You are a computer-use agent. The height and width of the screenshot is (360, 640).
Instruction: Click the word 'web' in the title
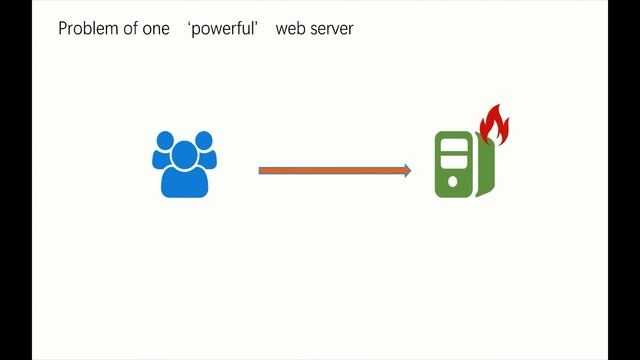[x=291, y=29]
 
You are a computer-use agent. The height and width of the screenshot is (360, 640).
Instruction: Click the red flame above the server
[x=494, y=126]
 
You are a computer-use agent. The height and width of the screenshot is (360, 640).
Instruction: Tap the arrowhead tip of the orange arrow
[x=409, y=171]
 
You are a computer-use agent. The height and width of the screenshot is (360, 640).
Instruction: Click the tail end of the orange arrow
[x=260, y=171]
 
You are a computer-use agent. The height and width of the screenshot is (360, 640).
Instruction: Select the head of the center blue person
[x=185, y=153]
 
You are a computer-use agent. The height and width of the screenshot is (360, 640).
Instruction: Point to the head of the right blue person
[x=204, y=140]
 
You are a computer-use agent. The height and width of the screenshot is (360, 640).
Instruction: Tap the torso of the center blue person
[x=185, y=183]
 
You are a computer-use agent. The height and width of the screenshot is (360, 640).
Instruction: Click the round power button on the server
[x=453, y=181]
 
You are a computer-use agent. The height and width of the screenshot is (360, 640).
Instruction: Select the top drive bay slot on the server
[x=453, y=145]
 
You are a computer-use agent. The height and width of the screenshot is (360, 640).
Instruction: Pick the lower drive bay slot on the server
[x=453, y=159]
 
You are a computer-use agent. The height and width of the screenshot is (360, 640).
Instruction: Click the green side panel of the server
[x=485, y=170]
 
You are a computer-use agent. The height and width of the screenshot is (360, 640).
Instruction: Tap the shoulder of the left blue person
[x=158, y=160]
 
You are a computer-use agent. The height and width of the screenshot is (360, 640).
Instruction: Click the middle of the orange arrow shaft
[x=334, y=171]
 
